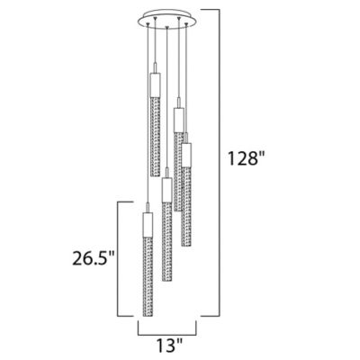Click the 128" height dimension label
click(246, 158)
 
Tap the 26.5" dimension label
click(94, 258)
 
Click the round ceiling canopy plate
click(167, 20)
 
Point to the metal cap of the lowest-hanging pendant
click(148, 225)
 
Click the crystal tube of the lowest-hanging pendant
click(148, 276)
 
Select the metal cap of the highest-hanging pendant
click(155, 85)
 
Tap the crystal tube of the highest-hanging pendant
click(155, 137)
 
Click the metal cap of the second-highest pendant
click(178, 120)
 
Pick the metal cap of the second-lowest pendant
click(166, 190)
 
